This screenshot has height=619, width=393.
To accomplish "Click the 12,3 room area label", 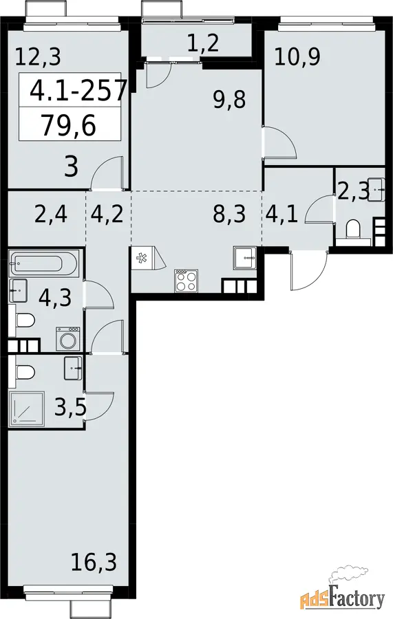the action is click(x=38, y=56).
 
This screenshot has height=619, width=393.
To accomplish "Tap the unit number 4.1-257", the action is click(x=78, y=90).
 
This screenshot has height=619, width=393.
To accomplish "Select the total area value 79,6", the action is click(x=69, y=126).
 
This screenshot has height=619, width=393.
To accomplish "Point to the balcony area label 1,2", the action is click(x=202, y=43).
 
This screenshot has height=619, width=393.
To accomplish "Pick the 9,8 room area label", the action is click(x=229, y=100).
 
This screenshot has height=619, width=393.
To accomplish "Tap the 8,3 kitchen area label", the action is click(x=229, y=214).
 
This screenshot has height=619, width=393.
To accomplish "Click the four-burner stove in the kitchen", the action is click(x=186, y=281).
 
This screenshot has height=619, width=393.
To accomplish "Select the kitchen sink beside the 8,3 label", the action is click(x=245, y=257).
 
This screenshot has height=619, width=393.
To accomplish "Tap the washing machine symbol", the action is click(x=67, y=338).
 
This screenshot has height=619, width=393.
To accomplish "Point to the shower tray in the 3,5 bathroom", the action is click(x=26, y=409).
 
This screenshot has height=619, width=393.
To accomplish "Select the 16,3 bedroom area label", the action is click(x=94, y=562).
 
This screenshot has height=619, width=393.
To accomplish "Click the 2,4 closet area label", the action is click(x=52, y=215).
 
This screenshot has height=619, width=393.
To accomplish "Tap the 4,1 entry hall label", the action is click(x=282, y=214).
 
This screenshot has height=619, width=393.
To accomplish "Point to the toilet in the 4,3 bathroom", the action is click(x=26, y=320).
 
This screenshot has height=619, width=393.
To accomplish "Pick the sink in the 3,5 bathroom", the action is click(x=73, y=368).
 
